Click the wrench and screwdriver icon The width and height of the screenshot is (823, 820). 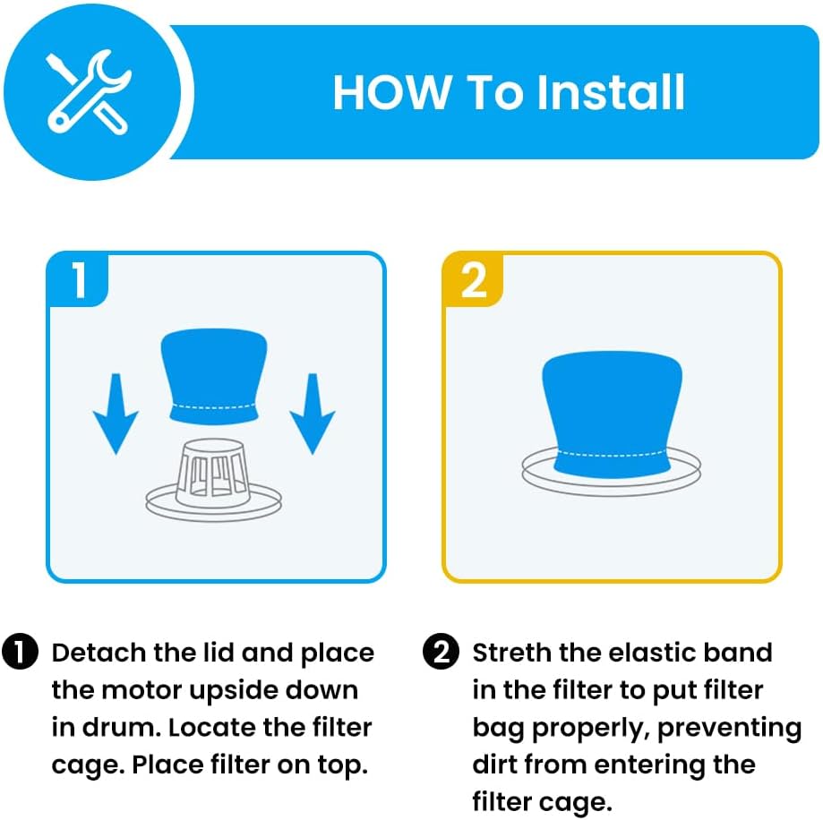[88, 92]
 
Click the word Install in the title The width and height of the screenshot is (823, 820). [611, 92]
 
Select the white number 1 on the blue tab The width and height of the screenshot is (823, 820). [80, 280]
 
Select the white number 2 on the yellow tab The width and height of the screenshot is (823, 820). [474, 280]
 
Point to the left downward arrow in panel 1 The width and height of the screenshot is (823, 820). [116, 414]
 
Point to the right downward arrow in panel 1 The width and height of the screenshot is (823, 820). [313, 414]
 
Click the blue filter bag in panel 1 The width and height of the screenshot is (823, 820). [214, 375]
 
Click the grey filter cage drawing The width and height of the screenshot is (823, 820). [214, 480]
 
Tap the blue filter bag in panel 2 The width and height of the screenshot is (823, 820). [612, 414]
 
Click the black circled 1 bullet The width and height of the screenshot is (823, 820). [21, 652]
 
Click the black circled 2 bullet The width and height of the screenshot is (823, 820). [441, 652]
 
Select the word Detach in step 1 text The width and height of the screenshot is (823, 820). [99, 653]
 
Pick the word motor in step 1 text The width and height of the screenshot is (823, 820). [141, 690]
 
